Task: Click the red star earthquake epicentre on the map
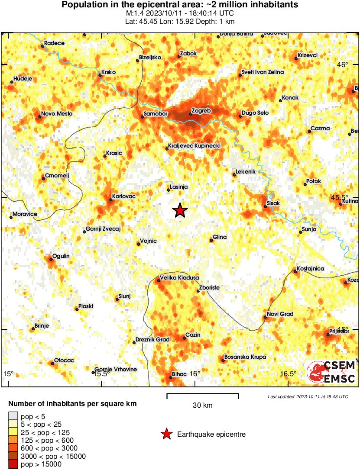pyautogui.click(x=180, y=211)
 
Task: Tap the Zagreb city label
pyautogui.click(x=201, y=111)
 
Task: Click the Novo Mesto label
pyautogui.click(x=57, y=114)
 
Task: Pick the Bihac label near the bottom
pyautogui.click(x=179, y=374)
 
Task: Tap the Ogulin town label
pyautogui.click(x=61, y=256)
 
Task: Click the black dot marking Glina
pyautogui.click(x=211, y=240)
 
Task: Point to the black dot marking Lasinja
pyautogui.click(x=169, y=190)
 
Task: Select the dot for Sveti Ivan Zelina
pyautogui.click(x=240, y=75)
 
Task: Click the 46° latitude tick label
pyautogui.click(x=343, y=65)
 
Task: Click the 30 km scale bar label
pyautogui.click(x=202, y=406)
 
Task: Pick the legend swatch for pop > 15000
pyautogui.click(x=13, y=464)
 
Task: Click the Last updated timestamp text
pyautogui.click(x=308, y=396)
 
